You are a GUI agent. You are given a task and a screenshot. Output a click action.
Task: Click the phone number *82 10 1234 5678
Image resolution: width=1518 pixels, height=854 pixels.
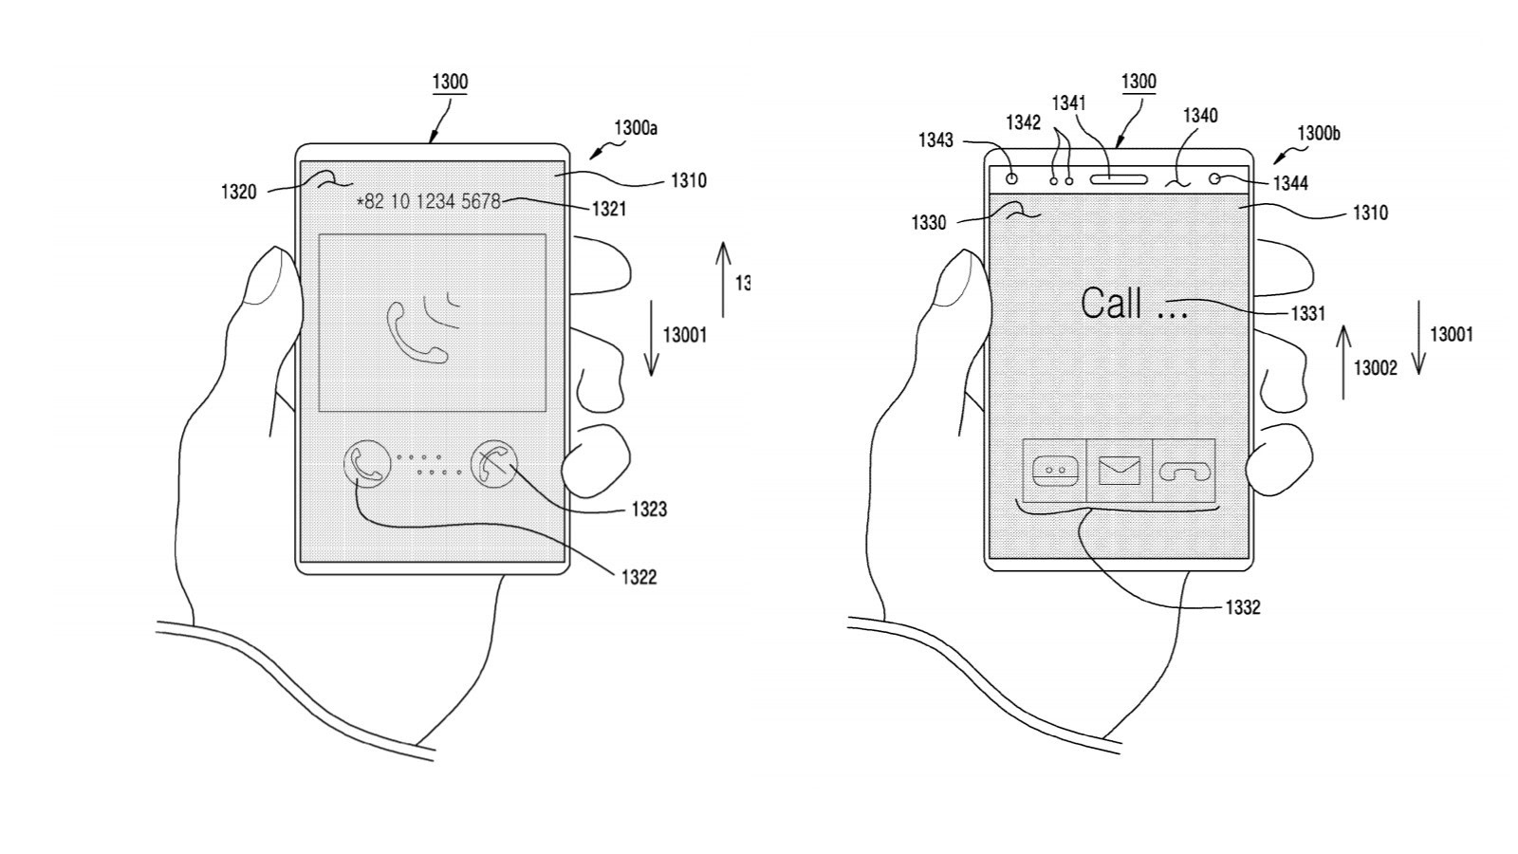pyautogui.click(x=428, y=201)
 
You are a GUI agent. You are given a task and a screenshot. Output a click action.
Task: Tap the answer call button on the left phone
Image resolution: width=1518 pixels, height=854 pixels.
pyautogui.click(x=365, y=465)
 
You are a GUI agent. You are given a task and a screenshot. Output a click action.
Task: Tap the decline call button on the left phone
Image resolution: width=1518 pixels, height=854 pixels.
pyautogui.click(x=494, y=465)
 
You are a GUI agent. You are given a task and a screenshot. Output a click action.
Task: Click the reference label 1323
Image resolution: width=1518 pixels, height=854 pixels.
pyautogui.click(x=649, y=510)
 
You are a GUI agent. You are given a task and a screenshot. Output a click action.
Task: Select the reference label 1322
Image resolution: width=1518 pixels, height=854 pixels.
pyautogui.click(x=639, y=577)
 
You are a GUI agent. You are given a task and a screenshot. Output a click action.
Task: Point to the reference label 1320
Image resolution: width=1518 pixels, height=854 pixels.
pyautogui.click(x=238, y=193)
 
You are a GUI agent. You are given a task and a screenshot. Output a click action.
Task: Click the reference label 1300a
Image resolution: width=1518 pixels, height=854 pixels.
pyautogui.click(x=636, y=128)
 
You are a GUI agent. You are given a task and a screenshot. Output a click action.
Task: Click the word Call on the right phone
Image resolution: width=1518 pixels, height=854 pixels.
pyautogui.click(x=1111, y=304)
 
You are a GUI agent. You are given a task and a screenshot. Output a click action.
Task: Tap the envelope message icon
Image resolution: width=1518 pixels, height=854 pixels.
pyautogui.click(x=1119, y=471)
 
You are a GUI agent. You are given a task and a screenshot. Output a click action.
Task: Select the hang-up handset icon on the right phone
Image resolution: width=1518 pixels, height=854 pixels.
pyautogui.click(x=1183, y=471)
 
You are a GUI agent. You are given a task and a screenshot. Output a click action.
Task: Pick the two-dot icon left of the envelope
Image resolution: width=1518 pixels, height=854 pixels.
pyautogui.click(x=1054, y=471)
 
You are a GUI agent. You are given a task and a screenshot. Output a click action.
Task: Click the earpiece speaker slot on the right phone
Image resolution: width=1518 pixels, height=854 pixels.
pyautogui.click(x=1119, y=178)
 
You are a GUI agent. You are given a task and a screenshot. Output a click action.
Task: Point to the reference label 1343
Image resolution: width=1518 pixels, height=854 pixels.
pyautogui.click(x=935, y=140)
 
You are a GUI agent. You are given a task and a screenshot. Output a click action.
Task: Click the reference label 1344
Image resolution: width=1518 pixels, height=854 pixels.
pyautogui.click(x=1290, y=183)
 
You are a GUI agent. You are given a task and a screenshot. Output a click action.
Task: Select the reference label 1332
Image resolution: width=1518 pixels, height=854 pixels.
pyautogui.click(x=1242, y=607)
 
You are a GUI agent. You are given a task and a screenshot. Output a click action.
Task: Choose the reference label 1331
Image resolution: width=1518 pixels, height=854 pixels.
pyautogui.click(x=1307, y=313)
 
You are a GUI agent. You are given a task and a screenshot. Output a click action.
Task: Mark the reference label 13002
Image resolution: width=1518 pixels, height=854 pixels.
pyautogui.click(x=1375, y=368)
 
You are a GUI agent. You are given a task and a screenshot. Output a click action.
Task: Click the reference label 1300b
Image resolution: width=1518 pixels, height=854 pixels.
pyautogui.click(x=1319, y=134)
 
